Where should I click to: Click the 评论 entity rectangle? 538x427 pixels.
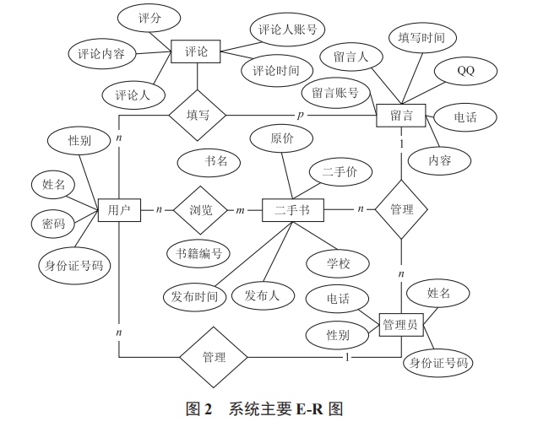click(196, 52)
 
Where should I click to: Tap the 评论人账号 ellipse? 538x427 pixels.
click(287, 30)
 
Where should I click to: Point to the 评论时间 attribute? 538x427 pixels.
click(275, 70)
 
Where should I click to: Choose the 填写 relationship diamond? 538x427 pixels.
click(198, 114)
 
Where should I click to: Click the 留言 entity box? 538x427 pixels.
click(401, 115)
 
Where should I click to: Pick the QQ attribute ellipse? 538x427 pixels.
click(465, 72)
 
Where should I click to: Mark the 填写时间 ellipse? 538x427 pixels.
click(421, 37)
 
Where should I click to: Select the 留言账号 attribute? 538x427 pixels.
click(335, 92)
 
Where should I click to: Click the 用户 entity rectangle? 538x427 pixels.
click(119, 209)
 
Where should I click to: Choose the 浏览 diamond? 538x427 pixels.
click(201, 209)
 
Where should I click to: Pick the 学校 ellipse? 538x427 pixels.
click(338, 264)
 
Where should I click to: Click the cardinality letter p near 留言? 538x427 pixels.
click(300, 114)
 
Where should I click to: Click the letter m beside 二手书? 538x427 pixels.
click(240, 209)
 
